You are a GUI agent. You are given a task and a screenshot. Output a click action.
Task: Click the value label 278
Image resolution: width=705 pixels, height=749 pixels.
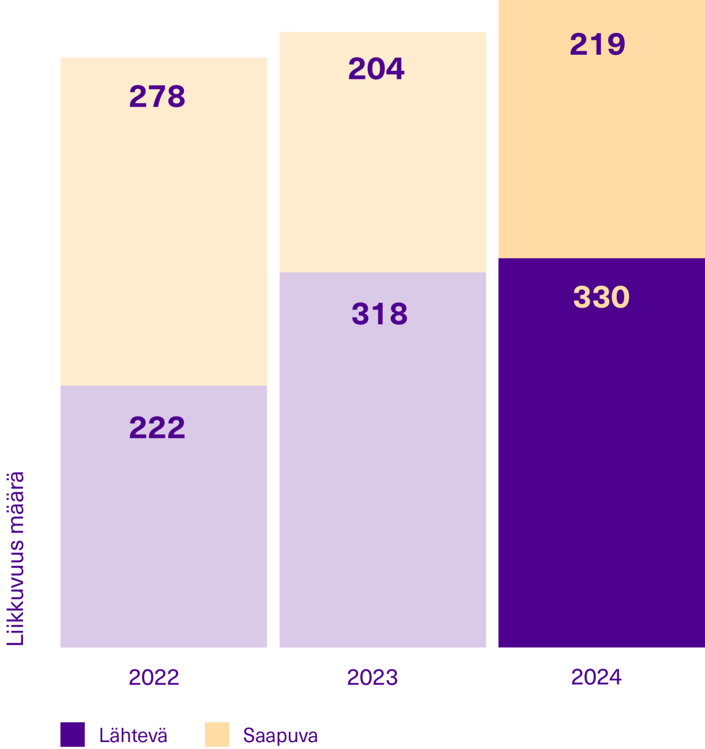[157, 96]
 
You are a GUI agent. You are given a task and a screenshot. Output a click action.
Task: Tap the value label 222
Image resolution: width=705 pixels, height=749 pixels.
[157, 428]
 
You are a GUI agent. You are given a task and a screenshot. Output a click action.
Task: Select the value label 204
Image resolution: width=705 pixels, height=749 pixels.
[376, 69]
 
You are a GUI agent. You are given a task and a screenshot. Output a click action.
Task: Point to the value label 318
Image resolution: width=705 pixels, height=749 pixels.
[379, 314]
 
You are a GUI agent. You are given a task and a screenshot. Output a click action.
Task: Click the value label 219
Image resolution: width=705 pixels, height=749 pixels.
[597, 44]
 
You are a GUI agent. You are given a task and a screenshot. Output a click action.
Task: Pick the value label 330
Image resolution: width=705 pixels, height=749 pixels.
[601, 297]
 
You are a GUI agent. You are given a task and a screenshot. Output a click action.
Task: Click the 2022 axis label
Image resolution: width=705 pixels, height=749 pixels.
[154, 677]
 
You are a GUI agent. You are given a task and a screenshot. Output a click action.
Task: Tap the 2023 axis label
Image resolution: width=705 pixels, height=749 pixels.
[372, 677]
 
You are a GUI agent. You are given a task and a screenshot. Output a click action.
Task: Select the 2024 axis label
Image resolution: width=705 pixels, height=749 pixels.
[596, 677]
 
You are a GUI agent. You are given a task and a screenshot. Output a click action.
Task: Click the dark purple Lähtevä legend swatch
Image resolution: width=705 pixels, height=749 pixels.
[73, 735]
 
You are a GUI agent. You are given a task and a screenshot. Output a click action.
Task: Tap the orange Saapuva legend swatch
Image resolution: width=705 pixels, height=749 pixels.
[217, 735]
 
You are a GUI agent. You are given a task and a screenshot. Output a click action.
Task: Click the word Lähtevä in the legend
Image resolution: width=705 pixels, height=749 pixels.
[133, 736]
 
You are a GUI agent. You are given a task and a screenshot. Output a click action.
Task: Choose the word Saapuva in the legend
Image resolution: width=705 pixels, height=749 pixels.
[280, 736]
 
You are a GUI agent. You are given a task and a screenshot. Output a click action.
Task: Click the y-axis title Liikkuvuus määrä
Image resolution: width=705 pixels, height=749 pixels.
[16, 558]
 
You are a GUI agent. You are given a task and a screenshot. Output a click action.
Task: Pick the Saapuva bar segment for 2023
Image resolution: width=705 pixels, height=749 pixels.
[383, 173]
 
